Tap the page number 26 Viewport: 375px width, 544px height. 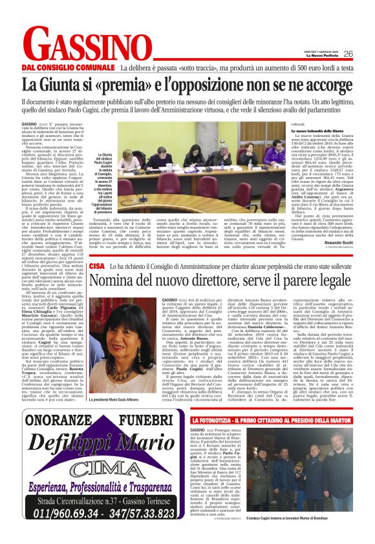(x=348, y=54)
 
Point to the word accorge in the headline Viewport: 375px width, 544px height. (x=325, y=85)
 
